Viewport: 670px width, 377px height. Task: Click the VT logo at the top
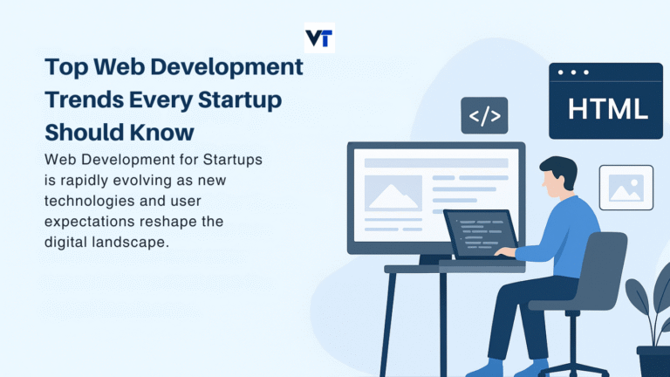coord(319,38)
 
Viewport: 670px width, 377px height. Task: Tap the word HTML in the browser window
coord(608,109)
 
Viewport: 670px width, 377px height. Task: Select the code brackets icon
coord(484,115)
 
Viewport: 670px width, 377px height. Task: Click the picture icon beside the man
coord(626,187)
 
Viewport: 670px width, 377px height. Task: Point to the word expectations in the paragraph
coord(90,221)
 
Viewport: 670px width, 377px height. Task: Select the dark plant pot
coord(653,360)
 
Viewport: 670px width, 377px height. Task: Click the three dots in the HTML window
coord(572,72)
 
